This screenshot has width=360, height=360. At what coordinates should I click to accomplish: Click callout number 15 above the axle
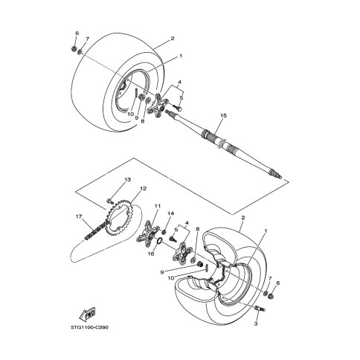[223, 115]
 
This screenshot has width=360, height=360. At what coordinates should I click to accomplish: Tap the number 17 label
[79, 216]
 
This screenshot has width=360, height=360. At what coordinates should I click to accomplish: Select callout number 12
[144, 188]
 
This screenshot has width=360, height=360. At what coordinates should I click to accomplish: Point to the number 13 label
[128, 179]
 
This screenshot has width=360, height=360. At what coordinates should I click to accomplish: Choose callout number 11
[158, 206]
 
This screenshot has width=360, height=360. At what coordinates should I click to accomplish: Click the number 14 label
[171, 213]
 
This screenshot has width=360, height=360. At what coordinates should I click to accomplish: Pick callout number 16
[151, 254]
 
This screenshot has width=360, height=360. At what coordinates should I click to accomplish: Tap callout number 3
[256, 324]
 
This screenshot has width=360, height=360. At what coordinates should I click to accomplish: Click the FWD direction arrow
[87, 315]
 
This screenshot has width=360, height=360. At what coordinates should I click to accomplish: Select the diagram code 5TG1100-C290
[89, 327]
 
